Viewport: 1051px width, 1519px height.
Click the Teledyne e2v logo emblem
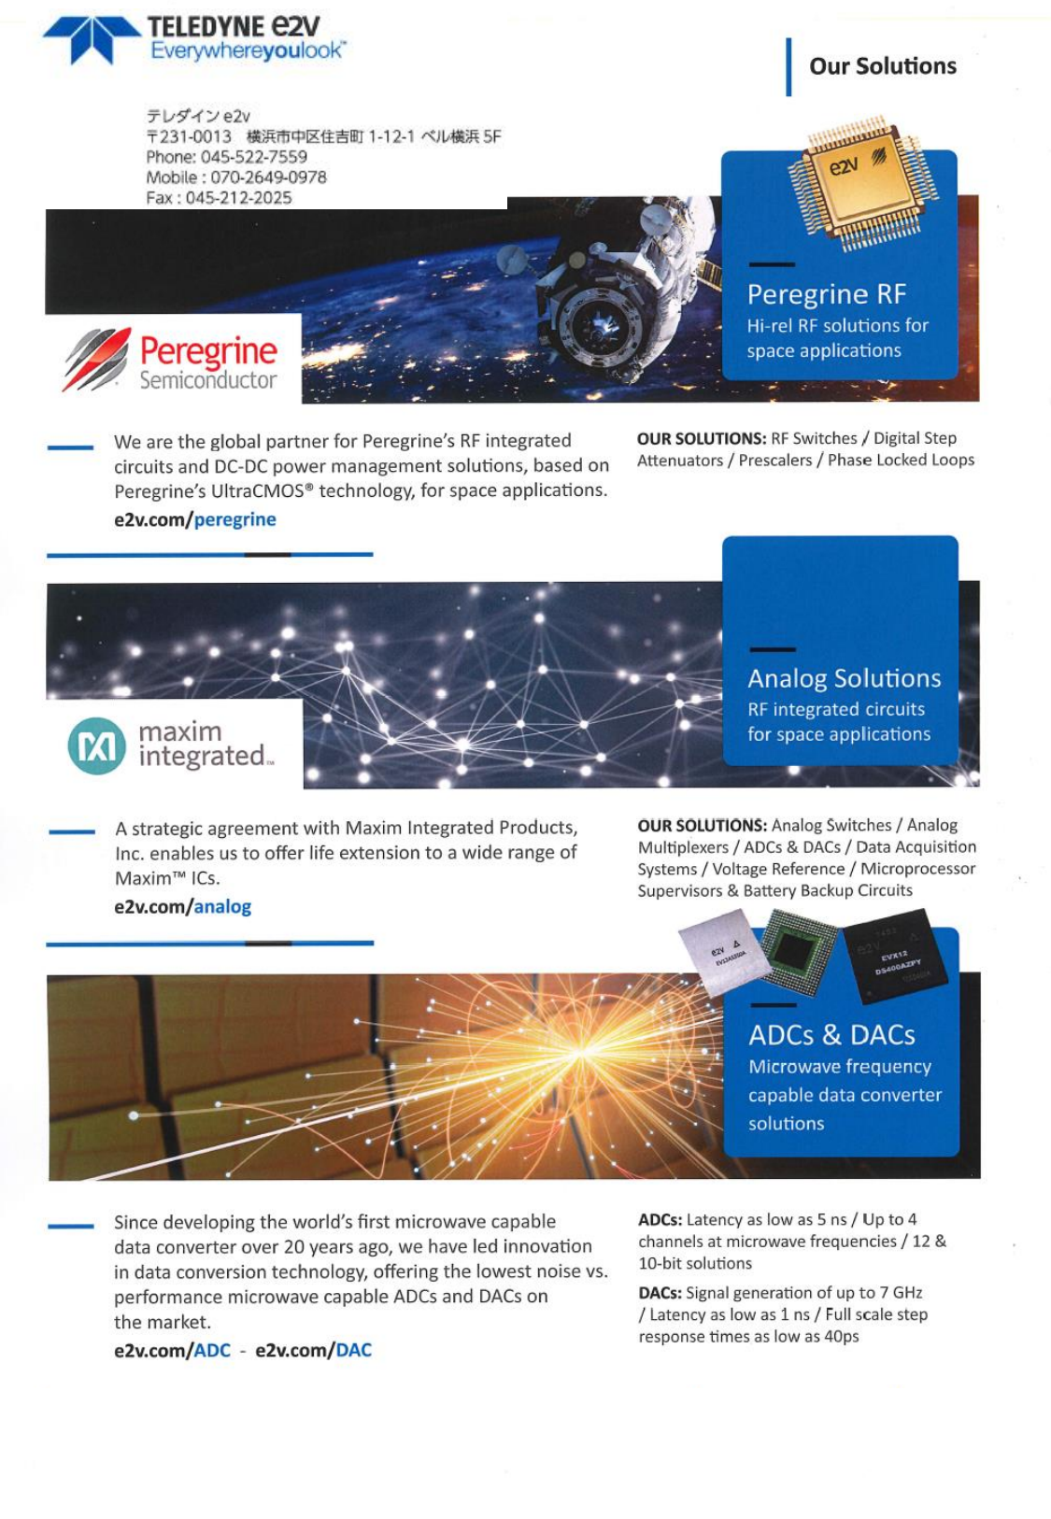pos(91,39)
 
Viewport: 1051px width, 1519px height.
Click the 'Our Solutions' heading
pos(882,66)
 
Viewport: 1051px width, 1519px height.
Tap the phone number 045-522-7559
pos(253,157)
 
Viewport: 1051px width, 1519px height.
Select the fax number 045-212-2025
pos(238,198)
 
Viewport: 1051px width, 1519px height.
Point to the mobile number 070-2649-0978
pos(268,177)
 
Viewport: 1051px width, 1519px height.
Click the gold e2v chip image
pos(847,182)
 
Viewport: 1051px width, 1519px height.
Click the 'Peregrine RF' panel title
pos(826,294)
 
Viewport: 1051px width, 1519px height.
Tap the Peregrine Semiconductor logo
pos(172,361)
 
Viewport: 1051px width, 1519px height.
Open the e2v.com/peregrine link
pos(194,519)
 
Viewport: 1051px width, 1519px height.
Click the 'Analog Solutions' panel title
pos(844,678)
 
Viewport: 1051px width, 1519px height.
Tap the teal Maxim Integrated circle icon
pos(96,745)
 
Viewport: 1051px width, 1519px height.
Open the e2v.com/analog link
pos(182,906)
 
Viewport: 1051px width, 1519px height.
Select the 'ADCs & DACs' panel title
pos(831,1035)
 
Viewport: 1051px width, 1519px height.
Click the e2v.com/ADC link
pos(172,1350)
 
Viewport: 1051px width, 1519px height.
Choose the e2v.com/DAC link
pos(313,1350)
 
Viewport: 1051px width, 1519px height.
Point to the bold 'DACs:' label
pos(660,1293)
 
